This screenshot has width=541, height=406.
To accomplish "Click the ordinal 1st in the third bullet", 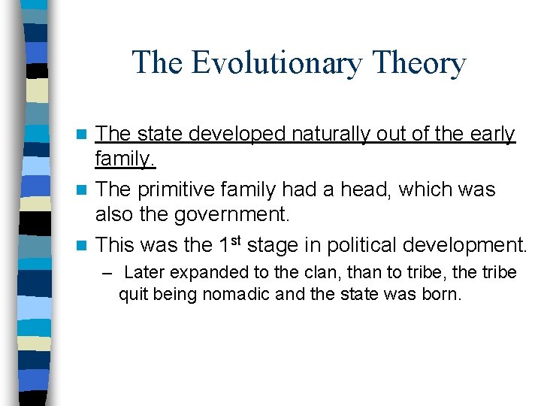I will [x=225, y=244].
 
